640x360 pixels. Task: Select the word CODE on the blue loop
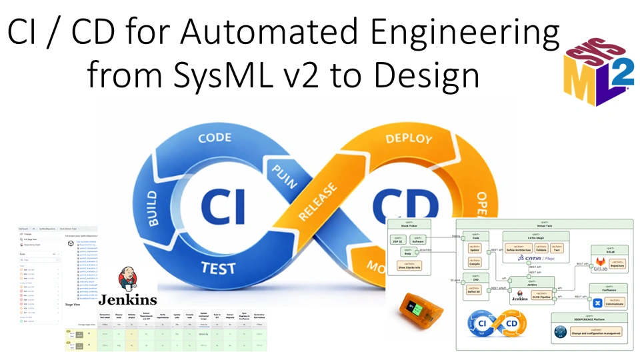point(215,139)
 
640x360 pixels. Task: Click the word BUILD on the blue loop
point(154,207)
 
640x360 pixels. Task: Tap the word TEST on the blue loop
point(218,267)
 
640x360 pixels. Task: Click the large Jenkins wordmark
point(128,299)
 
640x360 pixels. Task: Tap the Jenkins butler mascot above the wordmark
point(127,279)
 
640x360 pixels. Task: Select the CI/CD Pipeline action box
point(541,295)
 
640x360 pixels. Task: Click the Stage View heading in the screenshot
point(73,304)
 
